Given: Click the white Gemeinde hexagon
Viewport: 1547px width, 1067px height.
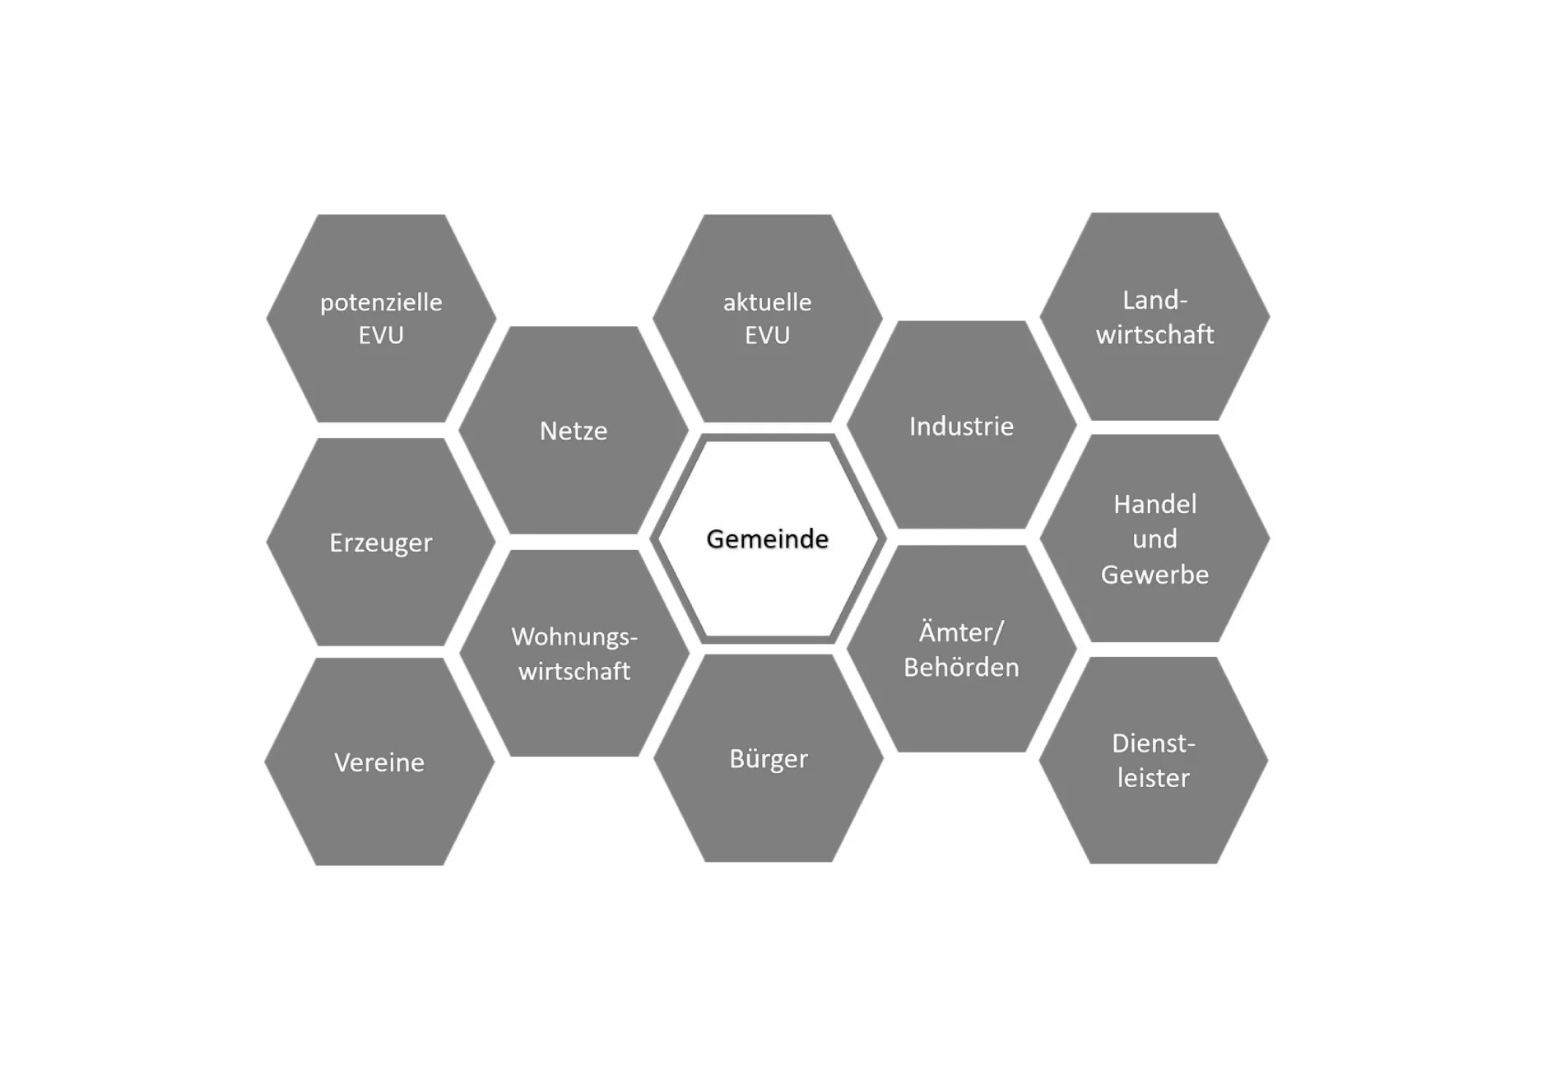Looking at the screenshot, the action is point(768,538).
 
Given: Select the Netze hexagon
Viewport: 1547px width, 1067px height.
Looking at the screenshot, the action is point(574,430).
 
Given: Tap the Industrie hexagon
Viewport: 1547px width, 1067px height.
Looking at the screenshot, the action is point(961,425).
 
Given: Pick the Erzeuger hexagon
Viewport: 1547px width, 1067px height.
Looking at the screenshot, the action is point(381,542).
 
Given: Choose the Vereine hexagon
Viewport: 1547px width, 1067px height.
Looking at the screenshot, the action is point(379,762).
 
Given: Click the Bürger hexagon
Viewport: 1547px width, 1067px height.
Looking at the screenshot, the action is point(769,758).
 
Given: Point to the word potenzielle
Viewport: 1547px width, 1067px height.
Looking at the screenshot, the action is point(381,303).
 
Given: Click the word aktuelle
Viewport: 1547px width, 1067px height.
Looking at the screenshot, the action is point(768,302).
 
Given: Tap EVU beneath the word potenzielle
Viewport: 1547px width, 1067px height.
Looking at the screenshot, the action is point(381,335).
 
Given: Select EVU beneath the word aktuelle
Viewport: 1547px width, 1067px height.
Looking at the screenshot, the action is point(768,335).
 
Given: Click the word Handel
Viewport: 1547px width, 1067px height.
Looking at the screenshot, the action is point(1155,504).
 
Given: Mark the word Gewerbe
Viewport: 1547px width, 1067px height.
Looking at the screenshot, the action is point(1155,574).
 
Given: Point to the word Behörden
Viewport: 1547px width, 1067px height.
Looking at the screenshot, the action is point(961,667).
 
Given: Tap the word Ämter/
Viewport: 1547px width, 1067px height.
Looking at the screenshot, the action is point(961,631).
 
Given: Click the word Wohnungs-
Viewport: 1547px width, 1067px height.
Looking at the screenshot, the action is point(574,637).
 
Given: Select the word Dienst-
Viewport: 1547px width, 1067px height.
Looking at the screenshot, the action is point(1154,743).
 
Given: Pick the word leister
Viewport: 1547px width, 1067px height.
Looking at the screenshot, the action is point(1154,778).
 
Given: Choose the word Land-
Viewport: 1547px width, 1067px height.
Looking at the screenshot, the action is point(1155,300).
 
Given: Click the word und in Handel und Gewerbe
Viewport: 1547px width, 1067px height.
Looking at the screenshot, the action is point(1155,539).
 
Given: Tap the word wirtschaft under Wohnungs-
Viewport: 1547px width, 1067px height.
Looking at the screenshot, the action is point(574,671).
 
